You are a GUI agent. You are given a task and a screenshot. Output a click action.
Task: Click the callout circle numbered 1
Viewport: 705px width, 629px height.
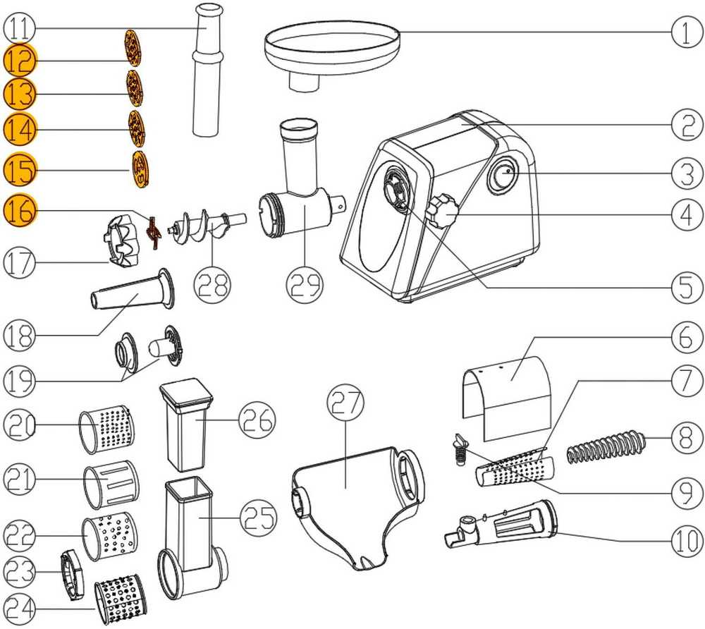[x=687, y=32]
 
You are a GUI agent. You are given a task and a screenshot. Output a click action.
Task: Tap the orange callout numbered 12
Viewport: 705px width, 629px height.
[x=20, y=60]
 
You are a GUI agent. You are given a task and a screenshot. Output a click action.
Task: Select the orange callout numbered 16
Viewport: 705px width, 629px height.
[x=20, y=210]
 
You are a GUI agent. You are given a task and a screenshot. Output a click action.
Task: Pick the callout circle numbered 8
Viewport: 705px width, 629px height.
[x=687, y=438]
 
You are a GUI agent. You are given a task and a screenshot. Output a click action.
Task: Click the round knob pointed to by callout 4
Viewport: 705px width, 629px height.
[x=443, y=210]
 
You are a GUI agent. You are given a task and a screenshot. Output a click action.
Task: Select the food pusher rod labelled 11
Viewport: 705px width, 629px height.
[x=207, y=70]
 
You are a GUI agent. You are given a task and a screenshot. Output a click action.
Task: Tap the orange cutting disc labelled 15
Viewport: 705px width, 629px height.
[x=141, y=168]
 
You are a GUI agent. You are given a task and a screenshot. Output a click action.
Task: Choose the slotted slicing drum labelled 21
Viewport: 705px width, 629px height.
[x=111, y=484]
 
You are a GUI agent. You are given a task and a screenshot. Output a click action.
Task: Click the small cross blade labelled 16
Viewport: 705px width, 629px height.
[x=153, y=232]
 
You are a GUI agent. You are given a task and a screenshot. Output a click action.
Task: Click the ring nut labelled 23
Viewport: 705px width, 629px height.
[x=72, y=575]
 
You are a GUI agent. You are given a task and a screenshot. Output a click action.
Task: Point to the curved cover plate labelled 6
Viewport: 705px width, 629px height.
[x=506, y=398]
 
